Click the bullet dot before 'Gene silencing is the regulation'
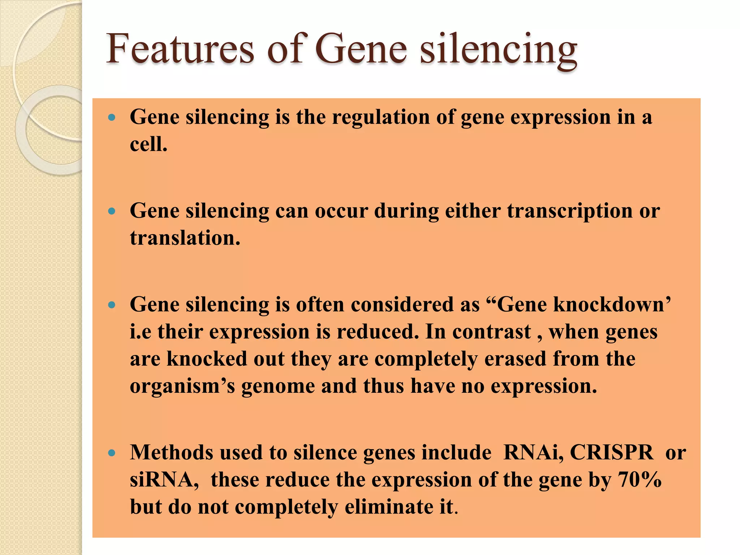112,117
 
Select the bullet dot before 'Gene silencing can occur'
112,211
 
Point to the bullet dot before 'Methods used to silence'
112,453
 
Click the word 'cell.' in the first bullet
149,145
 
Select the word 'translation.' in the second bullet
185,238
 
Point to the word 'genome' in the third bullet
278,386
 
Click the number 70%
640,480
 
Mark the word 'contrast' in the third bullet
491,332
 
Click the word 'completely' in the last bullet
287,507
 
